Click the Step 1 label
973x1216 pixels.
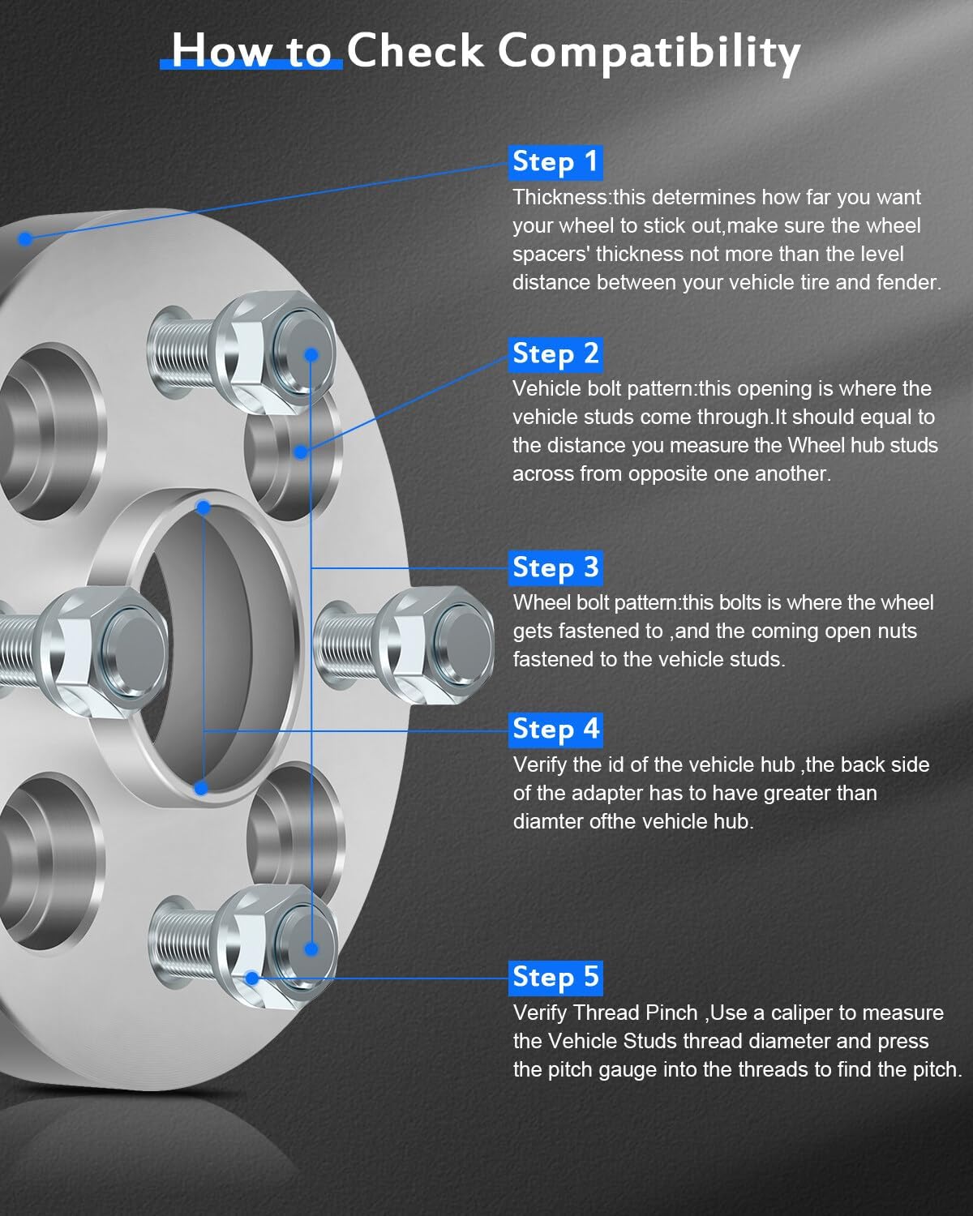(x=555, y=161)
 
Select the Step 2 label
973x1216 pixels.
(x=555, y=353)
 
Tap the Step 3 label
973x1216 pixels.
(x=555, y=567)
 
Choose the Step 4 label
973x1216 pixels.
(x=556, y=729)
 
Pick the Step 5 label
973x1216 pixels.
(x=556, y=977)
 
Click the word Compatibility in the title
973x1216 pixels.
(x=649, y=52)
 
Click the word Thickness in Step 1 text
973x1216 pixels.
(x=560, y=197)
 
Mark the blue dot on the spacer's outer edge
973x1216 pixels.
(x=25, y=238)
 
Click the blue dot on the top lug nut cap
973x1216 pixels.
(x=310, y=354)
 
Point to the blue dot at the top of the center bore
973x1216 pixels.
(x=204, y=507)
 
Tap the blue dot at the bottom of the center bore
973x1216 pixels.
(x=201, y=787)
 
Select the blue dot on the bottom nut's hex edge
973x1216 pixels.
(x=252, y=978)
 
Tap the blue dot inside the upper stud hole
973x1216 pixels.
(x=300, y=452)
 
